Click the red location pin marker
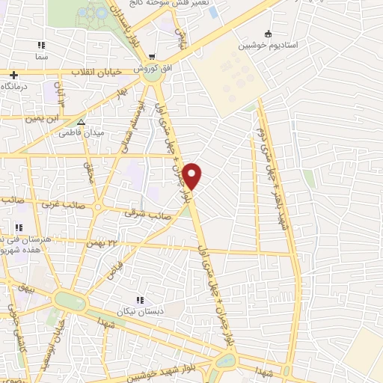click(193, 175)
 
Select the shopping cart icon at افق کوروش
click(152, 57)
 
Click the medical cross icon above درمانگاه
click(13, 75)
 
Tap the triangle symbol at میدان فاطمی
click(82, 122)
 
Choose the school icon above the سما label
click(40, 45)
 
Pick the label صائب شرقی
click(153, 215)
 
